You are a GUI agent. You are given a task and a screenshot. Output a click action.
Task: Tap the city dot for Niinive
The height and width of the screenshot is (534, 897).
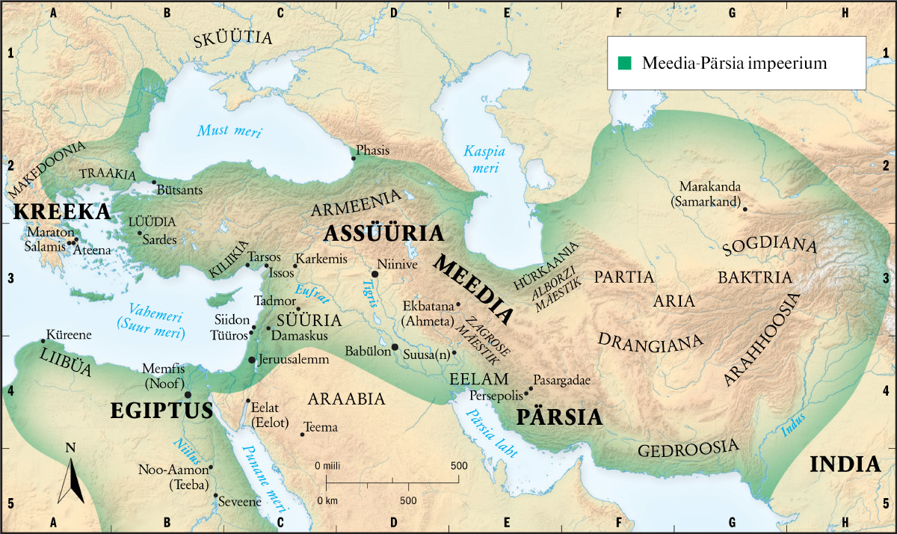[375, 274]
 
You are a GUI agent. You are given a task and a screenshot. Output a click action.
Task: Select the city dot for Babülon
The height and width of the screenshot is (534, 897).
[395, 346]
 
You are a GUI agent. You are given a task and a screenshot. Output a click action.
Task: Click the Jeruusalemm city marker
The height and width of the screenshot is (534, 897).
[251, 360]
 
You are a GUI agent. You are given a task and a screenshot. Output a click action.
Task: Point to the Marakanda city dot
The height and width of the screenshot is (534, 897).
[744, 209]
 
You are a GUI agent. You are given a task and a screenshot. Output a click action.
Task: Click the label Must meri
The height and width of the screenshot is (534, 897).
[229, 132]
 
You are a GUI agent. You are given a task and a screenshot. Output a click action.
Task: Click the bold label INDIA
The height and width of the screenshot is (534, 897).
[845, 464]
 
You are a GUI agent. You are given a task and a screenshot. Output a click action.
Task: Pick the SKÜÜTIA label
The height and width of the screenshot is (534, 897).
[232, 39]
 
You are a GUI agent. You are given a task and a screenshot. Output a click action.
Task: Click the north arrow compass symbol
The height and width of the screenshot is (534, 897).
[72, 473]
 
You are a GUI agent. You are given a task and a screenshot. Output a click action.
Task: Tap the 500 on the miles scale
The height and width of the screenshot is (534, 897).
[457, 466]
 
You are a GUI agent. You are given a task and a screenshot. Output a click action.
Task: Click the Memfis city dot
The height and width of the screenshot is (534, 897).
[188, 394]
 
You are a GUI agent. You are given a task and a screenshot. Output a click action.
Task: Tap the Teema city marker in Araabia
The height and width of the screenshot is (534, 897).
[303, 434]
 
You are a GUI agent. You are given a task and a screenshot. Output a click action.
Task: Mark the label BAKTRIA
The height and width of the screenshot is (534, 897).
[754, 277]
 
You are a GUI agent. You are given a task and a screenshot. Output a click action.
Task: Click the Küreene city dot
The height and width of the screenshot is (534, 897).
[42, 341]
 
